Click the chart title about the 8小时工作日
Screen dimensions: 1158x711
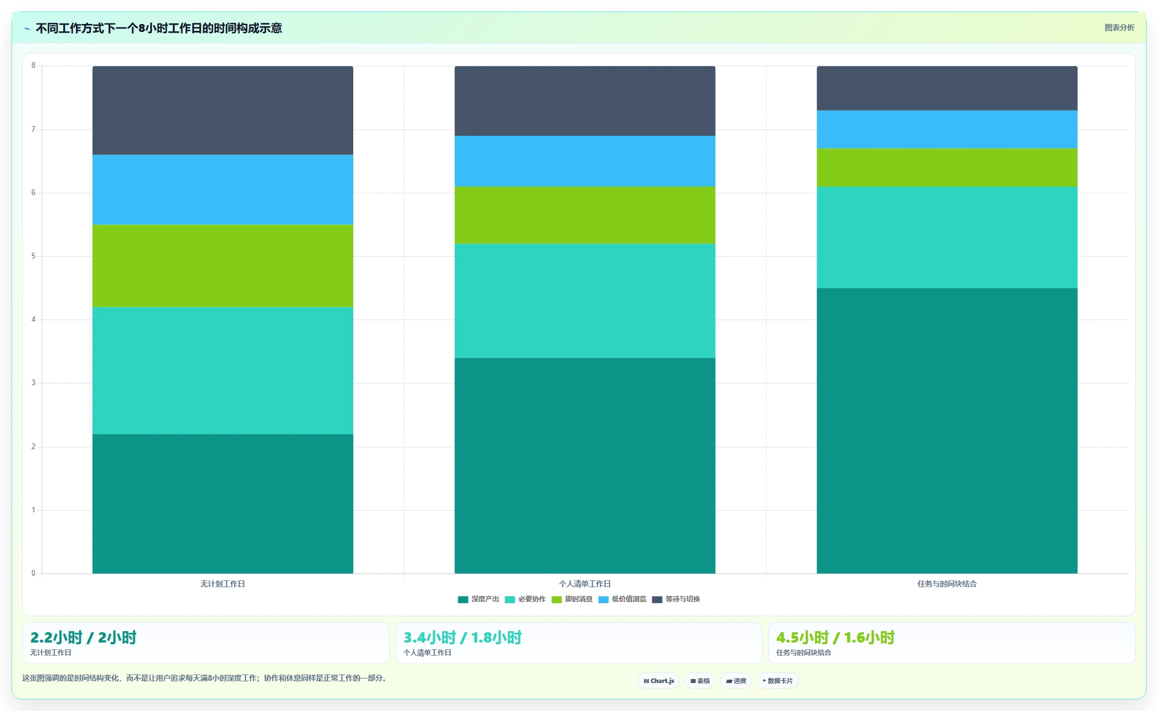coord(159,28)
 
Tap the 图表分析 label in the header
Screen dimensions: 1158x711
coord(1119,27)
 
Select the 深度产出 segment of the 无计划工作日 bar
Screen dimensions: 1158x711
coord(223,504)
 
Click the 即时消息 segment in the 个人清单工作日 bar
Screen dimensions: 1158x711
coord(584,215)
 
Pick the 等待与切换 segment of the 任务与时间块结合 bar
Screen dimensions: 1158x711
coord(947,88)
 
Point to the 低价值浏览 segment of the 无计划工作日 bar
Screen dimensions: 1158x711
coord(223,189)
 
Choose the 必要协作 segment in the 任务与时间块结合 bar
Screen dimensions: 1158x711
coord(947,237)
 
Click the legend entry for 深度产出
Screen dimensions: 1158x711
coord(478,599)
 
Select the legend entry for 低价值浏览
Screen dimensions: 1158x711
coord(622,599)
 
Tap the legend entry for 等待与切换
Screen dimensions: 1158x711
coord(676,599)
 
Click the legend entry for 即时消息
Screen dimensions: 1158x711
coord(572,599)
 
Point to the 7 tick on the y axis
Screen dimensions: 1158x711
coord(33,130)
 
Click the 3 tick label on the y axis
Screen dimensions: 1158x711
coord(33,383)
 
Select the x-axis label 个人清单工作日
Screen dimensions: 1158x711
coord(584,584)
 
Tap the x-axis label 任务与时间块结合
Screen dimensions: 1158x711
coord(947,584)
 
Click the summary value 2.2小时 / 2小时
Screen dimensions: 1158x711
coord(83,637)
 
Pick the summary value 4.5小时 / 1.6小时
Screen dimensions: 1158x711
coord(835,637)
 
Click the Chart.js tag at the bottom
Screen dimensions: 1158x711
coord(659,681)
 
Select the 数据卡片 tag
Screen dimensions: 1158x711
coord(777,681)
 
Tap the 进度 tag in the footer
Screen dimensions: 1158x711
coord(736,681)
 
